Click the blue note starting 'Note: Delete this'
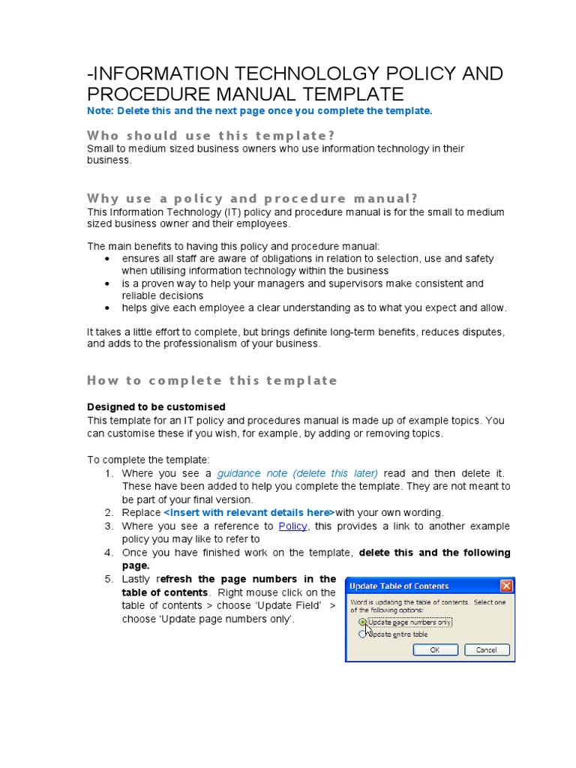[x=259, y=111]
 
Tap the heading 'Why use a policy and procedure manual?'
[x=252, y=199]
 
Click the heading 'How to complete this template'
[x=212, y=380]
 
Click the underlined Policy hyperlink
[x=292, y=526]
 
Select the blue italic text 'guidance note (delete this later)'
[x=297, y=473]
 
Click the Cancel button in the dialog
[x=486, y=649]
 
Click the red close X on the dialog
[x=506, y=586]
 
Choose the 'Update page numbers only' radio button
[x=364, y=622]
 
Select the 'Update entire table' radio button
[x=364, y=634]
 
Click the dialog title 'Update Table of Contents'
[x=400, y=586]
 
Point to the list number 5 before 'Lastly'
[x=108, y=579]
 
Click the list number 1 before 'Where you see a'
[x=108, y=473]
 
